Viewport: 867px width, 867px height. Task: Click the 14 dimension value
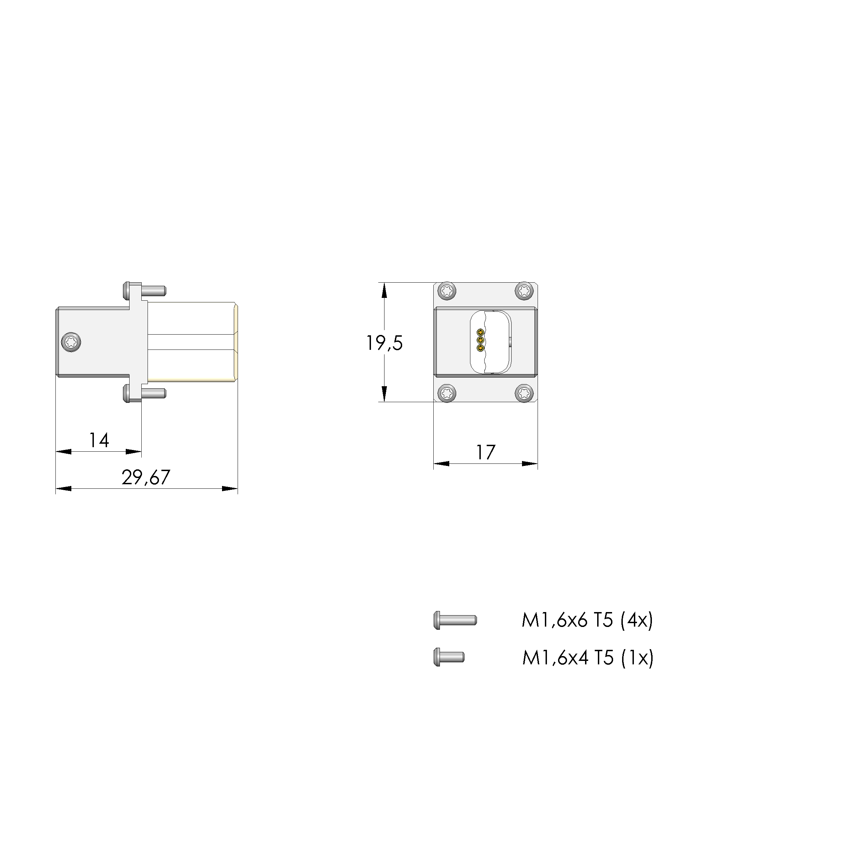(x=99, y=440)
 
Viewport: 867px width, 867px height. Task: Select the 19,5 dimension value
(x=384, y=343)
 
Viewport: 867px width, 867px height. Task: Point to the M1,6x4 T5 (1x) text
(x=587, y=658)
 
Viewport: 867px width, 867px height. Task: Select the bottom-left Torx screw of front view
(x=447, y=393)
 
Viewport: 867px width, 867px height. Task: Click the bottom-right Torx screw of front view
(x=524, y=393)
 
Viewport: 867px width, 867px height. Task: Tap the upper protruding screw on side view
(x=144, y=291)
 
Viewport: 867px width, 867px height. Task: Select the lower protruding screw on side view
(x=144, y=393)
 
